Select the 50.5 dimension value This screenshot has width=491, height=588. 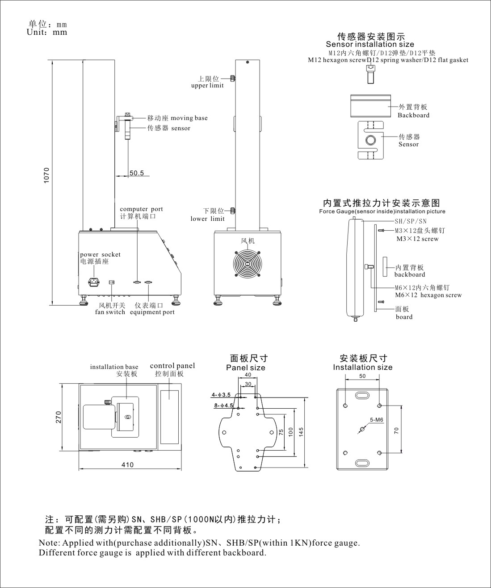137,173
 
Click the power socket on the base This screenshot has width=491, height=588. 93,282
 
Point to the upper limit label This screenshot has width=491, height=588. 208,82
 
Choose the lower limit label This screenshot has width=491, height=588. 208,215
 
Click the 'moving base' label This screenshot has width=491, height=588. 177,118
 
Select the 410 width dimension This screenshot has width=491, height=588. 127,465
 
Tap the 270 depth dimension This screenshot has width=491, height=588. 58,418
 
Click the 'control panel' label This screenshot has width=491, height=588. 172,366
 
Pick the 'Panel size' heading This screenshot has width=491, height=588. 245,368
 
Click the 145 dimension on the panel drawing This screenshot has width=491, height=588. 302,431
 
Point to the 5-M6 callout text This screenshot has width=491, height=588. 377,420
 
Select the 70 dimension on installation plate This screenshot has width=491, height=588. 396,430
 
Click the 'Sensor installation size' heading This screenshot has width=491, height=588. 370,44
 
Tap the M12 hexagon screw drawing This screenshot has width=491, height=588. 370,74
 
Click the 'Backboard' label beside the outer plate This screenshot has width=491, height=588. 413,115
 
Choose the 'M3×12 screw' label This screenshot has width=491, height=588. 417,239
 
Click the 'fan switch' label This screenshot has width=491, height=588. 110,312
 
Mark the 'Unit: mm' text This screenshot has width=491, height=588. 47,32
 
